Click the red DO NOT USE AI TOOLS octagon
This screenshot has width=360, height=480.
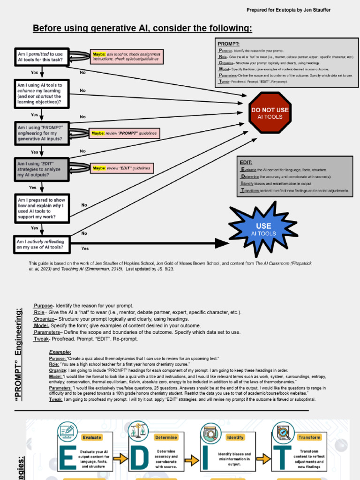[x=270, y=113]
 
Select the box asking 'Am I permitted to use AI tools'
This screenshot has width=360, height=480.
[x=42, y=57]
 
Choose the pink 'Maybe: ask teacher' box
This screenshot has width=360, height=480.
[x=127, y=57]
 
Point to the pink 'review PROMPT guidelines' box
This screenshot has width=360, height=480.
[x=124, y=134]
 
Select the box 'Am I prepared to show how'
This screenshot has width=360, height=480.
[x=42, y=208]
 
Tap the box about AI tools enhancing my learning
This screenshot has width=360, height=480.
[x=42, y=94]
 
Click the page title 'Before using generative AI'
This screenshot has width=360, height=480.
[x=142, y=29]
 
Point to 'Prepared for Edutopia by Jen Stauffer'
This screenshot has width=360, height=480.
[x=288, y=10]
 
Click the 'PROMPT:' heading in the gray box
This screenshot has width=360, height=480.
[x=229, y=44]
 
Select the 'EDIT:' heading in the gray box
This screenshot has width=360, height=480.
[x=246, y=162]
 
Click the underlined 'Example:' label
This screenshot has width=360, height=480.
[x=60, y=352]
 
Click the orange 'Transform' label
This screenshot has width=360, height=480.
[x=309, y=437]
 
